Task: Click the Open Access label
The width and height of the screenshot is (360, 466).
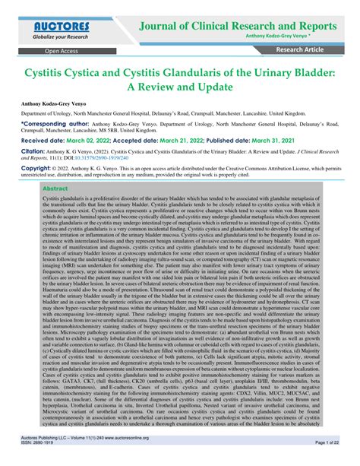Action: pyautogui.click(x=61, y=51)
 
